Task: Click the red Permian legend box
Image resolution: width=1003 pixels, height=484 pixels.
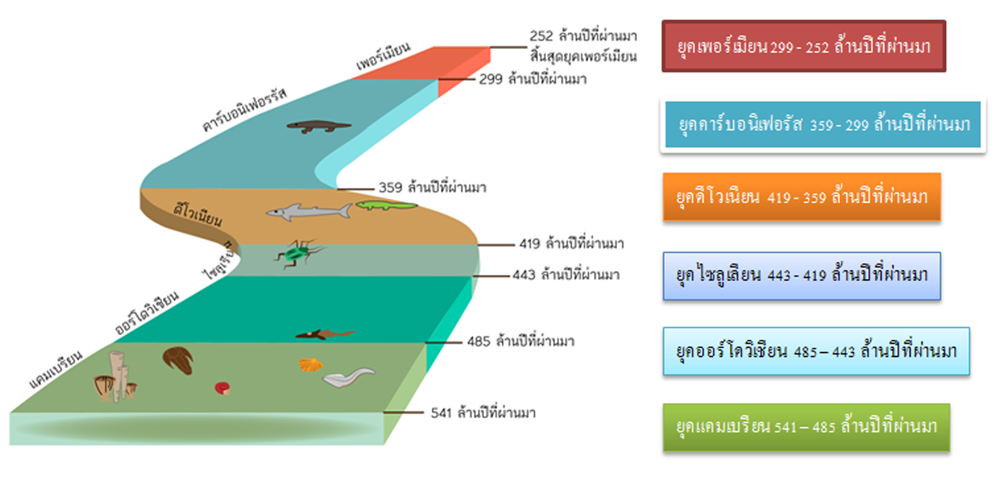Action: pyautogui.click(x=803, y=46)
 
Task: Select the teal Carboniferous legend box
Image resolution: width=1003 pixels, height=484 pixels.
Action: pyautogui.click(x=822, y=125)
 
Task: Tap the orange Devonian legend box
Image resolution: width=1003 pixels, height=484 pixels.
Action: pyautogui.click(x=802, y=197)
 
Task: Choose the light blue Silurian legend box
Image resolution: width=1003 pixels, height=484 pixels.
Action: pyautogui.click(x=802, y=275)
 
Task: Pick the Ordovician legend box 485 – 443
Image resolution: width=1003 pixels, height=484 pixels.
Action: pyautogui.click(x=816, y=351)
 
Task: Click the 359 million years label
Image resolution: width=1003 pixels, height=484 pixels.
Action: pyautogui.click(x=432, y=187)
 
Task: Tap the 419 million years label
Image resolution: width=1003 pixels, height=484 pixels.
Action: pyautogui.click(x=571, y=243)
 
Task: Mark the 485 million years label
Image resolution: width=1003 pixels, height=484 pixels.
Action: pyautogui.click(x=521, y=341)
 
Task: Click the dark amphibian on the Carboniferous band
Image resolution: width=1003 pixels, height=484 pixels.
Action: pyautogui.click(x=319, y=126)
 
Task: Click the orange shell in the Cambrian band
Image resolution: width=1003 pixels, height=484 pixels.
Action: pyautogui.click(x=307, y=364)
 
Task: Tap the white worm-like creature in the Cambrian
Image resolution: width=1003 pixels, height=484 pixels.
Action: pyautogui.click(x=348, y=377)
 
